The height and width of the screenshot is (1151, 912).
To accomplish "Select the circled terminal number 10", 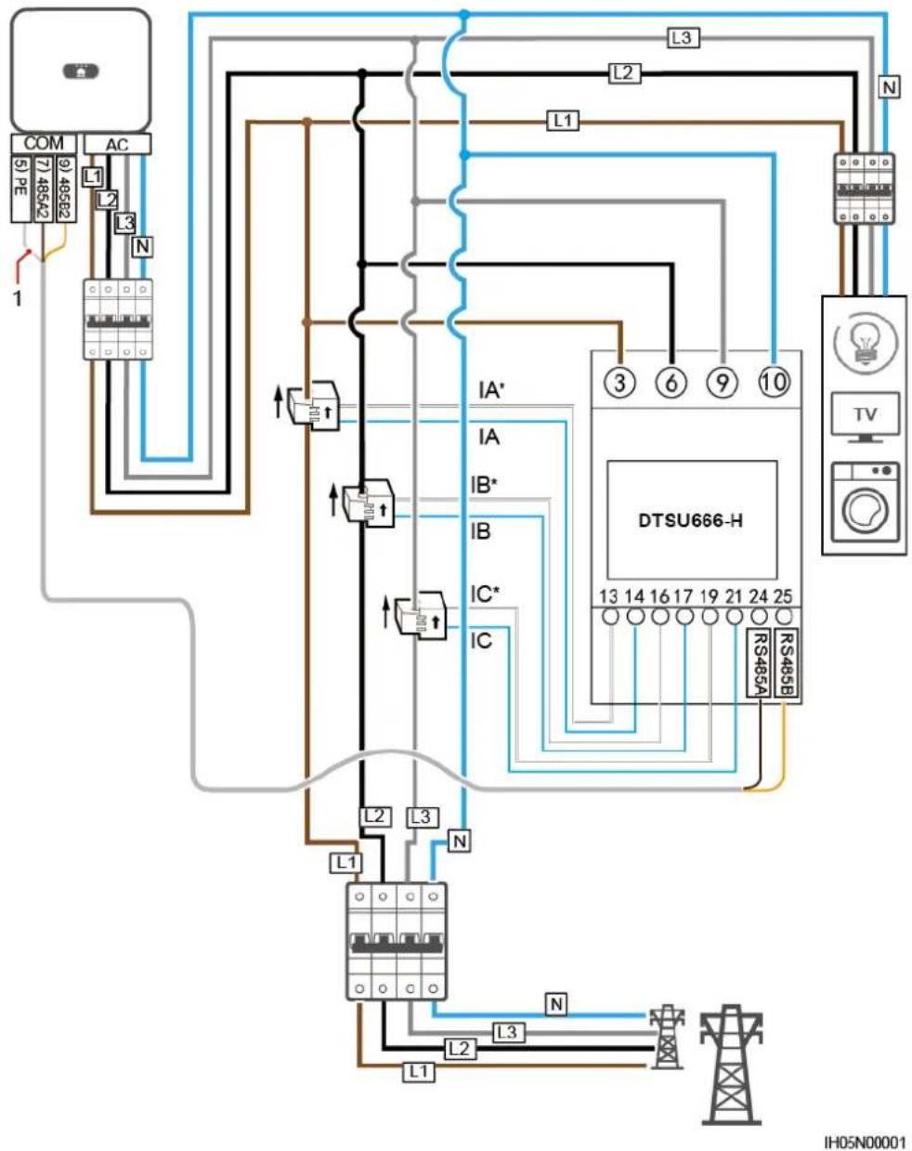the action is point(774,383).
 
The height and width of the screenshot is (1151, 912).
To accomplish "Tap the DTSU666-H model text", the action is point(691,520).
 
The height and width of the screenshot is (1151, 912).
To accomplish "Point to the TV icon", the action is point(865,417).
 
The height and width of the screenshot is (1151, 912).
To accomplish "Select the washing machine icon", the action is point(865,504).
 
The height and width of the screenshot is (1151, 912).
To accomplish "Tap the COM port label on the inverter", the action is point(44,143).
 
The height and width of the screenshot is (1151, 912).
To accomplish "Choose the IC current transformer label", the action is point(481,640).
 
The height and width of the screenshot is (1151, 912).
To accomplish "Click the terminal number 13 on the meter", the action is point(608,595).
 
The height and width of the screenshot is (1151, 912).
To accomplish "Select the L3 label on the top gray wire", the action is point(683,38).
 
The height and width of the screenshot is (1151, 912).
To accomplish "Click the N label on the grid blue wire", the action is point(556,1004).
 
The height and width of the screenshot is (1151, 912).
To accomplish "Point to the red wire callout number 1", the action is point(18,298).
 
